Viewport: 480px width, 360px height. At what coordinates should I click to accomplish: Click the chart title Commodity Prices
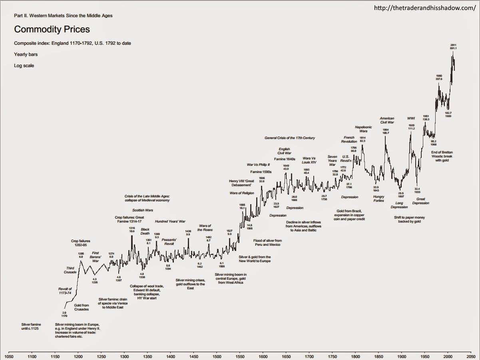52,29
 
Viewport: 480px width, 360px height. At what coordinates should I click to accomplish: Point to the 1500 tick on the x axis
217,356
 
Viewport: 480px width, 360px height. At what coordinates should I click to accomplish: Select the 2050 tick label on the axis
471,356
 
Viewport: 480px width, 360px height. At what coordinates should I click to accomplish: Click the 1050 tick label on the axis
9,356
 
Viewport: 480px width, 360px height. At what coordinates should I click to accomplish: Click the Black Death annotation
145,231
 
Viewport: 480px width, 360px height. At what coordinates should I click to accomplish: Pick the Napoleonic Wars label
363,129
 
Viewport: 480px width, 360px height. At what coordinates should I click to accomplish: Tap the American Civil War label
387,120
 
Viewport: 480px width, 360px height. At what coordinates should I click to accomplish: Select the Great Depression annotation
420,201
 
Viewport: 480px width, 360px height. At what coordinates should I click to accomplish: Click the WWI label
411,118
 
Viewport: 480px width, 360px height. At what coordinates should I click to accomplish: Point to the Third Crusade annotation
70,270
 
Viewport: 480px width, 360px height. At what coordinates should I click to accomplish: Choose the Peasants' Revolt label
169,241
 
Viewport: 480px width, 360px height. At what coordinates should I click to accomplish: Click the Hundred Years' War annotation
170,221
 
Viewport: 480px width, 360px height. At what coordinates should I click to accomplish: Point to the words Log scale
24,66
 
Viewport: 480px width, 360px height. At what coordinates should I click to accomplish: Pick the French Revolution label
349,139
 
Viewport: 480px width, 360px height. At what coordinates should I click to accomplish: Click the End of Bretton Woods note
442,156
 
